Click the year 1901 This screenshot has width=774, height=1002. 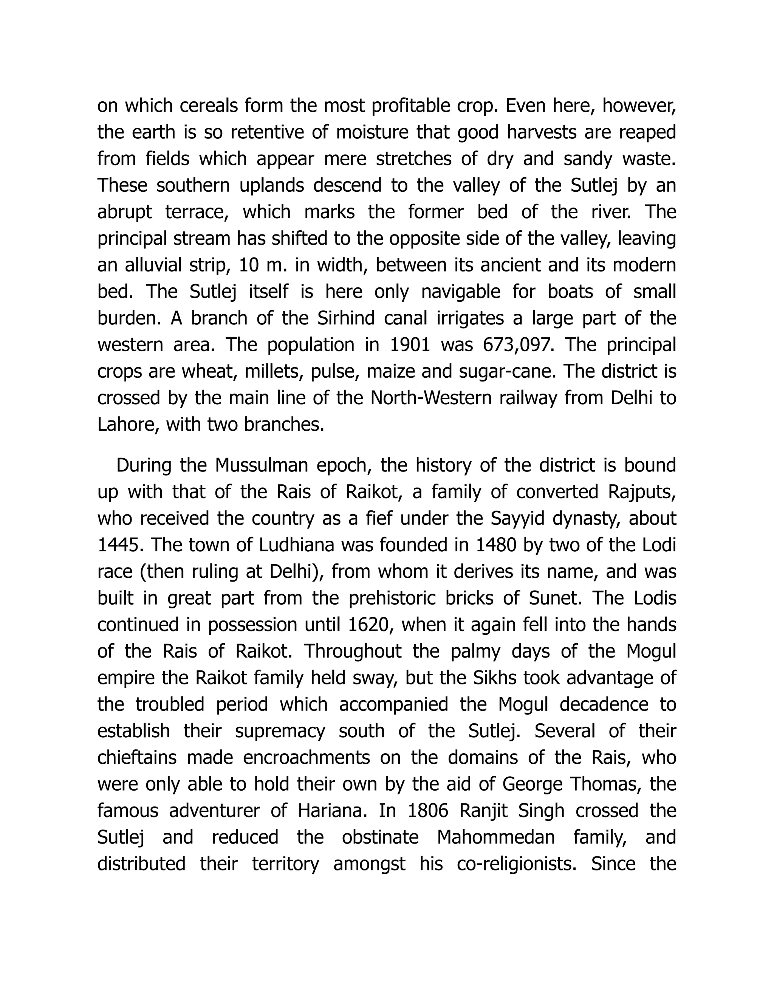pos(410,345)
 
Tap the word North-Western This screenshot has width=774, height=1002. pos(430,398)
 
